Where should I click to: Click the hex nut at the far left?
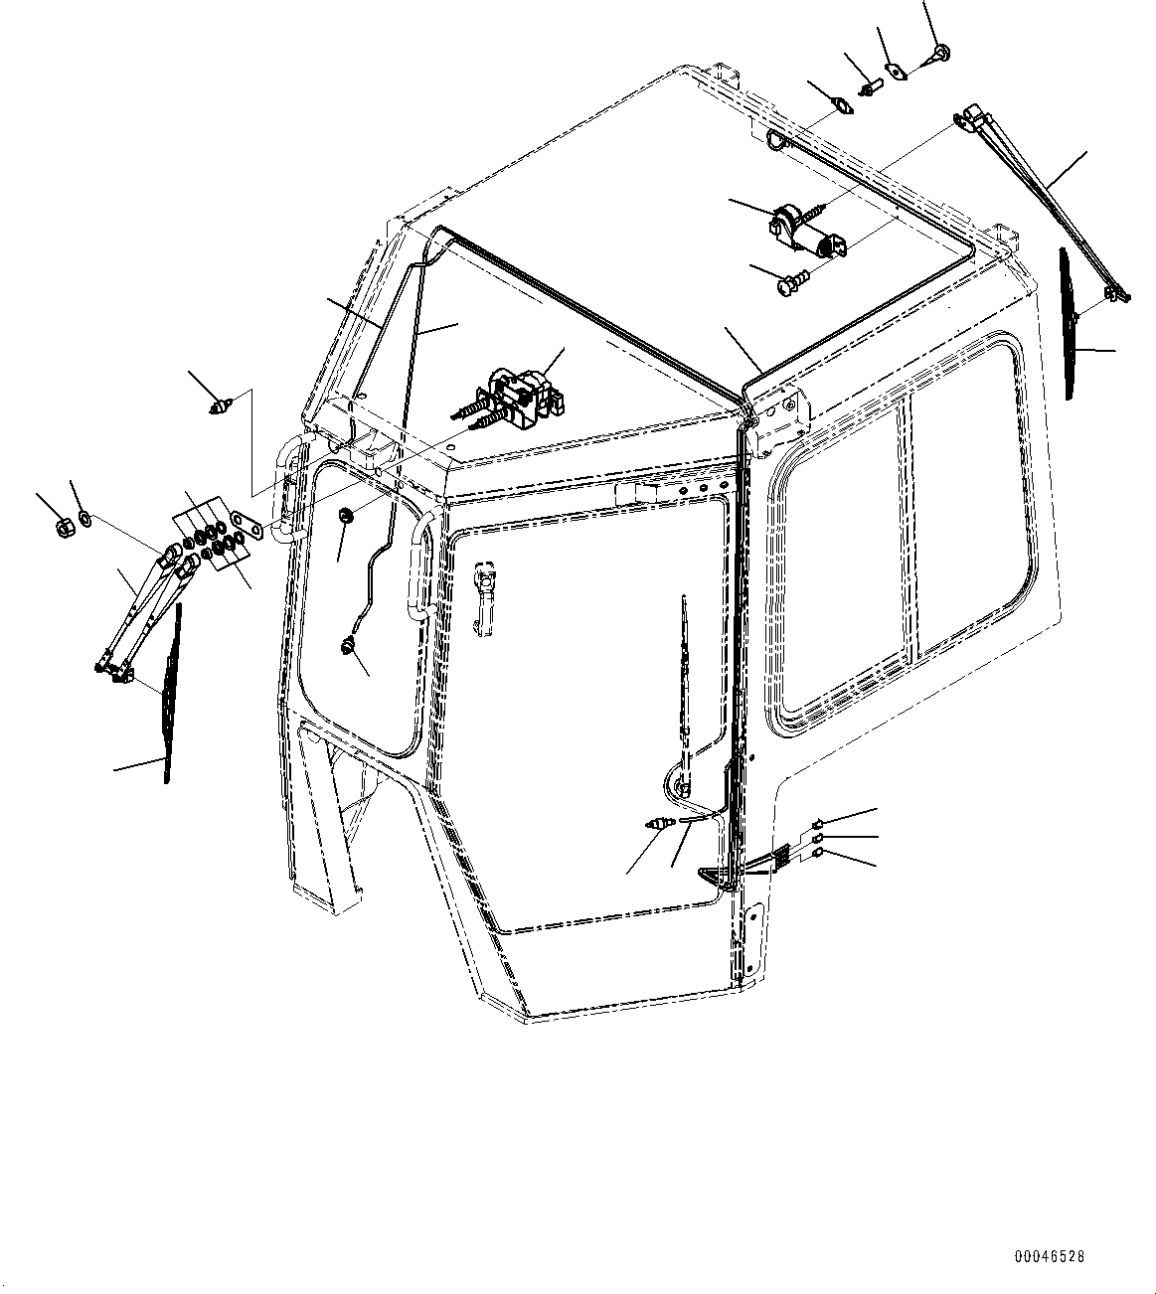tap(61, 524)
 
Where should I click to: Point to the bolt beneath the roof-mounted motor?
tap(789, 286)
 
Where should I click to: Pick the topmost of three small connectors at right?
tap(818, 823)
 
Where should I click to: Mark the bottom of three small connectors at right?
tap(818, 853)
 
